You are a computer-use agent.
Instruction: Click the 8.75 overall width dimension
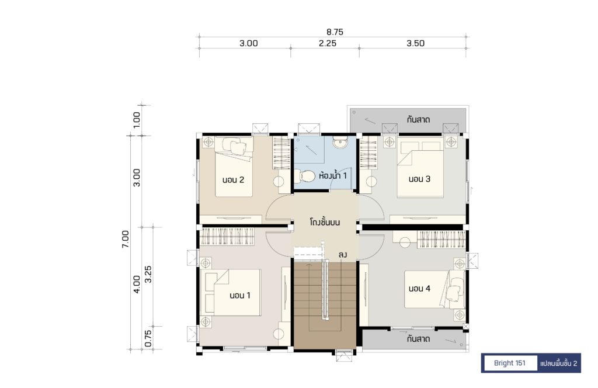pyautogui.click(x=335, y=32)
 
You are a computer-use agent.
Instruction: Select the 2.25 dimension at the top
pyautogui.click(x=328, y=43)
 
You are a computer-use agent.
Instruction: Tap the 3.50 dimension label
pyautogui.click(x=415, y=43)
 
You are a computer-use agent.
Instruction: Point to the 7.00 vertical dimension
pyautogui.click(x=126, y=239)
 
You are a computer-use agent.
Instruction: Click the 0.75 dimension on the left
pyautogui.click(x=148, y=338)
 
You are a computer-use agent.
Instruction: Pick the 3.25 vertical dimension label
pyautogui.click(x=148, y=274)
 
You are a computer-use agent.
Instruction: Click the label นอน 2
pyautogui.click(x=233, y=180)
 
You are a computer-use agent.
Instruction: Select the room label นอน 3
pyautogui.click(x=419, y=179)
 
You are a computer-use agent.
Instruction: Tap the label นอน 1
pyautogui.click(x=240, y=295)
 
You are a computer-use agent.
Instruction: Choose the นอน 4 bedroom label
pyautogui.click(x=419, y=289)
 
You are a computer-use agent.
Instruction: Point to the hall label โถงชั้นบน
pyautogui.click(x=325, y=222)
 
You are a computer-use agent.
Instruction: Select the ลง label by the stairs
pyautogui.click(x=342, y=255)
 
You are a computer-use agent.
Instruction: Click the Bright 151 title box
pyautogui.click(x=509, y=363)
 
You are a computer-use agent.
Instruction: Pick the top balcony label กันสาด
pyautogui.click(x=418, y=119)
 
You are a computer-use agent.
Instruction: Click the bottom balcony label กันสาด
pyautogui.click(x=418, y=339)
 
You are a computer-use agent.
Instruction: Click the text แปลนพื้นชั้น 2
pyautogui.click(x=559, y=363)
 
